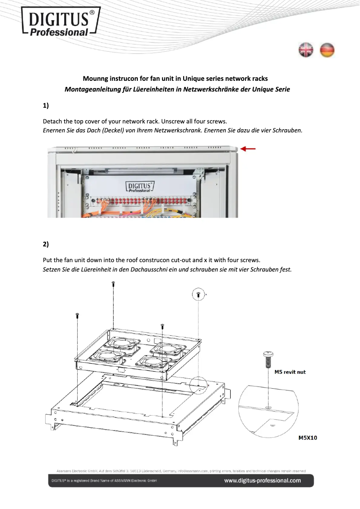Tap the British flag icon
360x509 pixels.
pyautogui.click(x=306, y=50)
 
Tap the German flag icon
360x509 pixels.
pyautogui.click(x=327, y=50)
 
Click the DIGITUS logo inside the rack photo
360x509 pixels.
pyautogui.click(x=140, y=186)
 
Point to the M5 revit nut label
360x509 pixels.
pyautogui.click(x=290, y=372)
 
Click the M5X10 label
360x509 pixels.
pyautogui.click(x=308, y=438)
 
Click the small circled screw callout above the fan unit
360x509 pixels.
pyautogui.click(x=198, y=294)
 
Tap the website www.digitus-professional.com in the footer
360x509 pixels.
pyautogui.click(x=263, y=481)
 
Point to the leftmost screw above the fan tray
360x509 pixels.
pyautogui.click(x=78, y=315)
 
